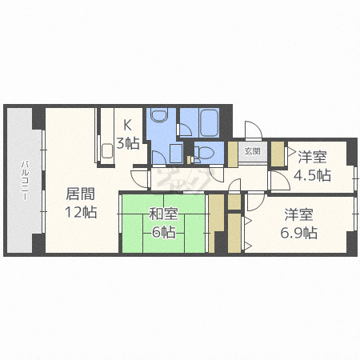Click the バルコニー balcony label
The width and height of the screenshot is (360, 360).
[x=25, y=180]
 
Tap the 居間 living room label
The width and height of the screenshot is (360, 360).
[x=80, y=194]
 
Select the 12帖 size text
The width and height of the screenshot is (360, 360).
[x=81, y=212]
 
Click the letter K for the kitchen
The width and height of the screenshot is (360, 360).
[x=128, y=125]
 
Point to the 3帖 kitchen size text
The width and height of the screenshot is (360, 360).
[x=128, y=143]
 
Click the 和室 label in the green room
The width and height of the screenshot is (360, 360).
[x=163, y=214]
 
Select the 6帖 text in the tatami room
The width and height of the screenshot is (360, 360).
[x=163, y=232]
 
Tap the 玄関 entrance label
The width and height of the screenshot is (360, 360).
[x=252, y=151]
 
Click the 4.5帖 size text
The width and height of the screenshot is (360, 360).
[x=312, y=175]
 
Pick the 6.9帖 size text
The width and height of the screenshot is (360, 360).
[x=298, y=233]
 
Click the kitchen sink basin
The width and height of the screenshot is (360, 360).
[x=107, y=151]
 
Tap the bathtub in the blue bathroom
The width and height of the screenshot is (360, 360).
[x=210, y=122]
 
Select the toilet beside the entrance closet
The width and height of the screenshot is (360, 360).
[x=206, y=153]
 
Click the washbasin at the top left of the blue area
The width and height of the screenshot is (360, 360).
[x=160, y=114]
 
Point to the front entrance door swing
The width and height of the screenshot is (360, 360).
[x=254, y=130]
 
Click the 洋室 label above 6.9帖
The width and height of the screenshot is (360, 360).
[x=298, y=214]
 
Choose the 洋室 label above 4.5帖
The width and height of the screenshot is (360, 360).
[x=312, y=157]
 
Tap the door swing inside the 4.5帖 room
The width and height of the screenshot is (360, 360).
[x=281, y=181]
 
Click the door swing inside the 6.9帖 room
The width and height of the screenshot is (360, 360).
[x=256, y=202]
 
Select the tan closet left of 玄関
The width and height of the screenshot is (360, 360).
[x=233, y=154]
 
